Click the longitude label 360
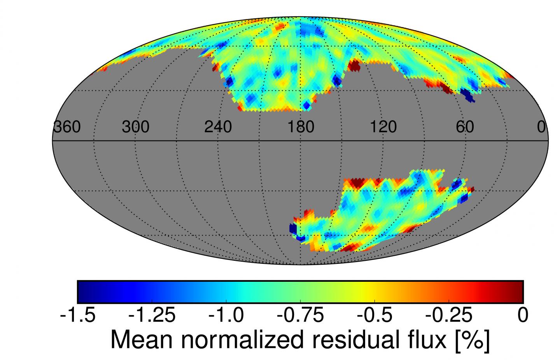[x=67, y=127]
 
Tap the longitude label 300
[x=135, y=127]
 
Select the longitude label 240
[x=218, y=127]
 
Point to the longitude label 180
[x=301, y=127]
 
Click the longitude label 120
[x=383, y=127]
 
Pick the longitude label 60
[x=465, y=127]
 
